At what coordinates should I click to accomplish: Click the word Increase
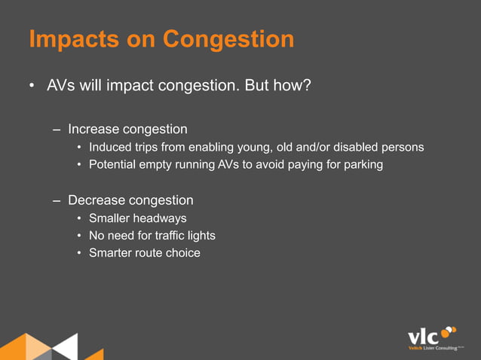(x=93, y=129)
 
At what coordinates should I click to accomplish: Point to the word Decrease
(x=96, y=200)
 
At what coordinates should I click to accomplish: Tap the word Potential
(x=114, y=164)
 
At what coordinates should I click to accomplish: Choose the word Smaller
(x=111, y=218)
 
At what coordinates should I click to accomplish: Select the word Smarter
(x=112, y=253)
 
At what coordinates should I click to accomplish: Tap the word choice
(x=182, y=253)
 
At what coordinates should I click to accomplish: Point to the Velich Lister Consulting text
(x=432, y=349)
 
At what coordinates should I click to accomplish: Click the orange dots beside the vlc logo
(x=448, y=331)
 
